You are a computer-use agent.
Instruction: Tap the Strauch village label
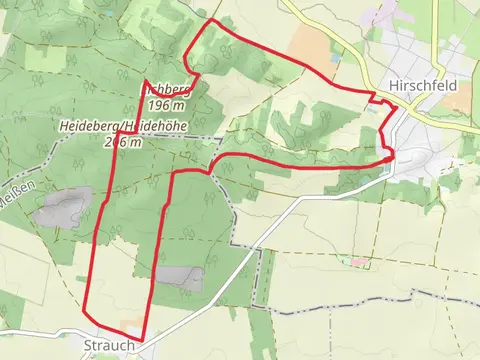103,346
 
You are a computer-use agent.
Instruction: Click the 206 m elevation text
122,141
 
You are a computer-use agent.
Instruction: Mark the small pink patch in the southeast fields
358,262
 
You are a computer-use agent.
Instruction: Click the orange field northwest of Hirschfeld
312,44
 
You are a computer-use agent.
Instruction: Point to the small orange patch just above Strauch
133,327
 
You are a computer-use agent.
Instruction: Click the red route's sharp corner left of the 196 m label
145,82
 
